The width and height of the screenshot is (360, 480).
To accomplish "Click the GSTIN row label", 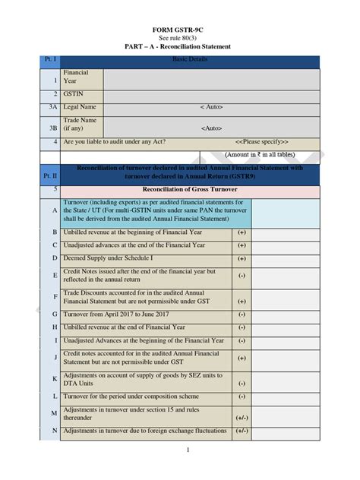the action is tap(74, 94).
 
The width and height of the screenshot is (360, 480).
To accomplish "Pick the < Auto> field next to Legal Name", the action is tap(212, 107).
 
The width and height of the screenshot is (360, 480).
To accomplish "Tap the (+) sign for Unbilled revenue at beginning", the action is tap(242, 232).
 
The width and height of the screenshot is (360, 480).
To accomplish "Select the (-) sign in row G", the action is tap(242, 314).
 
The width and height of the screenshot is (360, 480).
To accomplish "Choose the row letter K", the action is tap(55, 378).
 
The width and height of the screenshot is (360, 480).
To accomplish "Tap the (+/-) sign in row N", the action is tap(242, 431).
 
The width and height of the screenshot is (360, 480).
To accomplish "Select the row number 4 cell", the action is tap(55, 141).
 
